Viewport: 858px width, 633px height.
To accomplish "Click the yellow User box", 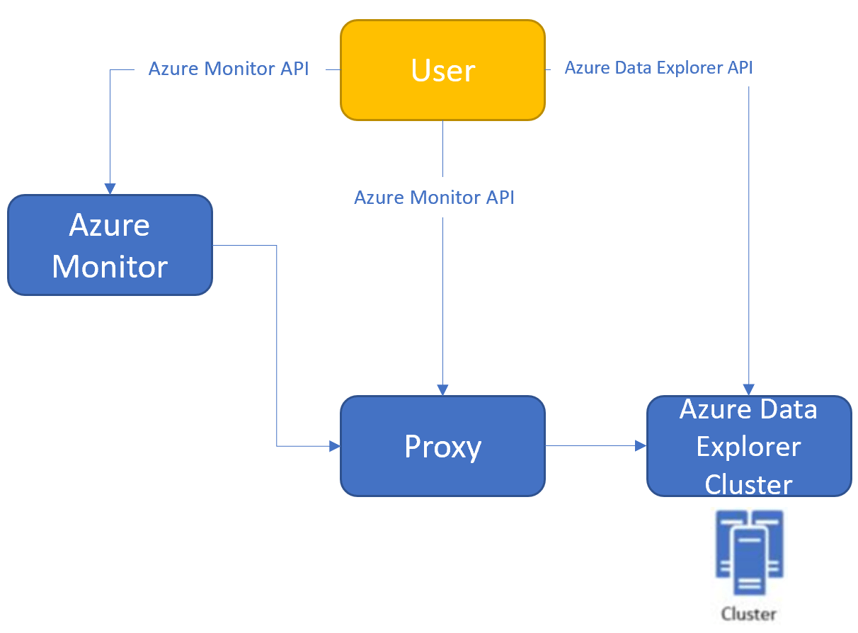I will [x=442, y=70].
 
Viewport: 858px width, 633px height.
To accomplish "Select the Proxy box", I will [x=442, y=446].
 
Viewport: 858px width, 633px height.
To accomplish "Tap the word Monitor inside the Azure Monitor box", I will [x=110, y=267].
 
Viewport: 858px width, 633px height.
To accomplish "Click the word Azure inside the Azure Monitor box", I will [x=110, y=225].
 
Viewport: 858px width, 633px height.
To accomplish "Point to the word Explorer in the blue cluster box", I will [x=748, y=447].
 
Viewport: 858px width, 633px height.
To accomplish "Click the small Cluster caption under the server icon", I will [x=748, y=614].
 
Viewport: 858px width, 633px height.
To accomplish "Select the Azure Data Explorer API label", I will [x=658, y=68].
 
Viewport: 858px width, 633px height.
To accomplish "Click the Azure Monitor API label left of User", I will [x=229, y=69].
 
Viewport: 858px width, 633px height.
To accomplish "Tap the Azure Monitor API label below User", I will [x=434, y=198].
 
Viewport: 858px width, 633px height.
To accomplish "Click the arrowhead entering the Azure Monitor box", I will [x=110, y=189].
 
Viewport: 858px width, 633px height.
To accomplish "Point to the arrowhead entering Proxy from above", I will [x=442, y=390].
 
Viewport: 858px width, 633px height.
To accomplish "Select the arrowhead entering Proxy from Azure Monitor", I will [x=334, y=446].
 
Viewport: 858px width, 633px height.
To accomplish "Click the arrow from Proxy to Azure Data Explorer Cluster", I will [x=595, y=445].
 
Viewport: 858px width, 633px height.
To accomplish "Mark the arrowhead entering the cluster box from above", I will [x=748, y=390].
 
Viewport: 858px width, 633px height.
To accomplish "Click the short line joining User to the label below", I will [x=442, y=149].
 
